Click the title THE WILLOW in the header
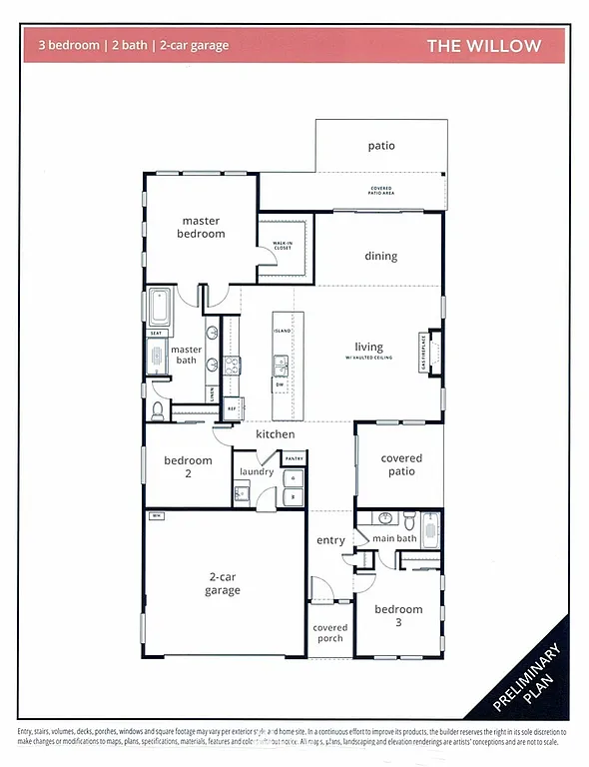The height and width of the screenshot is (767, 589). tap(484, 46)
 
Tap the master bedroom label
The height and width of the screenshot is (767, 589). tap(203, 227)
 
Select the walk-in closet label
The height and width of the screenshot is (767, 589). tap(283, 245)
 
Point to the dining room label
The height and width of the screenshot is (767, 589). tap(380, 256)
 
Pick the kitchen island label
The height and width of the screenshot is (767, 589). tap(283, 329)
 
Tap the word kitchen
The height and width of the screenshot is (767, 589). tap(275, 434)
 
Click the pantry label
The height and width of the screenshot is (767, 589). tap(294, 458)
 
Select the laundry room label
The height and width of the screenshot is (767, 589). tap(257, 471)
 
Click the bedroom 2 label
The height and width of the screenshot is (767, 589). tap(189, 467)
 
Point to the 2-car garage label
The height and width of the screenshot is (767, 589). tap(223, 583)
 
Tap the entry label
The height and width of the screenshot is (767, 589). tap(330, 540)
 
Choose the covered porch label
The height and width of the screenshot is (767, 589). tap(330, 634)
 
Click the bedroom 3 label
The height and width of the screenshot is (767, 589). tap(398, 615)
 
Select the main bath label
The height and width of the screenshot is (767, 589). tap(394, 539)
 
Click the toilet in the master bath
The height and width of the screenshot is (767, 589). tap(158, 410)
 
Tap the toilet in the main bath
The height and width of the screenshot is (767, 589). tap(408, 519)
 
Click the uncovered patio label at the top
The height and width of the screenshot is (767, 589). tap(381, 146)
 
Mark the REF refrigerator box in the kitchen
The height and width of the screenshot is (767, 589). tap(232, 408)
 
